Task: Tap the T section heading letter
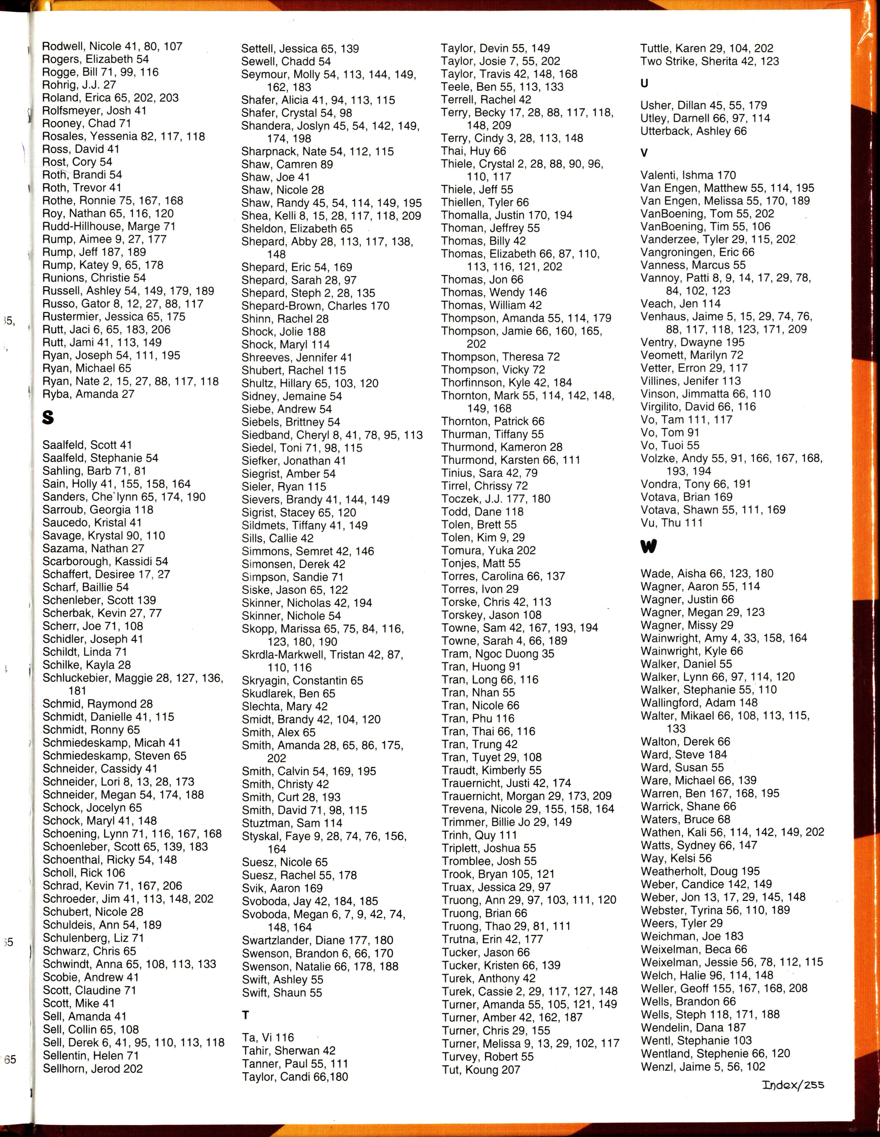click(246, 1015)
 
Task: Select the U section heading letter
click(645, 83)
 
